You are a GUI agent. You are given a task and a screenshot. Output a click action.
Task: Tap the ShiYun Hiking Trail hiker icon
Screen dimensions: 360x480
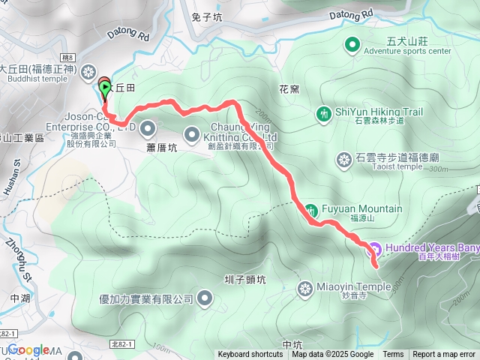coord(323,114)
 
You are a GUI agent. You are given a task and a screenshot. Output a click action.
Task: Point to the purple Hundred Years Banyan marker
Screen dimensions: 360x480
coord(375,249)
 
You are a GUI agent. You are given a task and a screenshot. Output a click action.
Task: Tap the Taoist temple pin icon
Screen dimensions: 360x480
coord(344,159)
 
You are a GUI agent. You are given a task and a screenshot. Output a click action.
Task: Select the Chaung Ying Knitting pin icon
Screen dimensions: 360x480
coord(193,136)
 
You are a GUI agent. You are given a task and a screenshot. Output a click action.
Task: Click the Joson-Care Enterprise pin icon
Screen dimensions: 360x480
coord(147,128)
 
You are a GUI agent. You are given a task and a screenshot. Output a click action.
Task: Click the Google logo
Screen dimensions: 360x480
coord(28,349)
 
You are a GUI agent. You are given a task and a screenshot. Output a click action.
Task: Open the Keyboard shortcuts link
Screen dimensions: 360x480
coord(250,355)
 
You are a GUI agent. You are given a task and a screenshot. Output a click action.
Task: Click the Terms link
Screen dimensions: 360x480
coord(393,355)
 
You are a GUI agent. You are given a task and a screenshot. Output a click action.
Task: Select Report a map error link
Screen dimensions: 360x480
coord(444,355)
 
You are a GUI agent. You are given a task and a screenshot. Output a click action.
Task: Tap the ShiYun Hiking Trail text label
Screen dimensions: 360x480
coord(379,112)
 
